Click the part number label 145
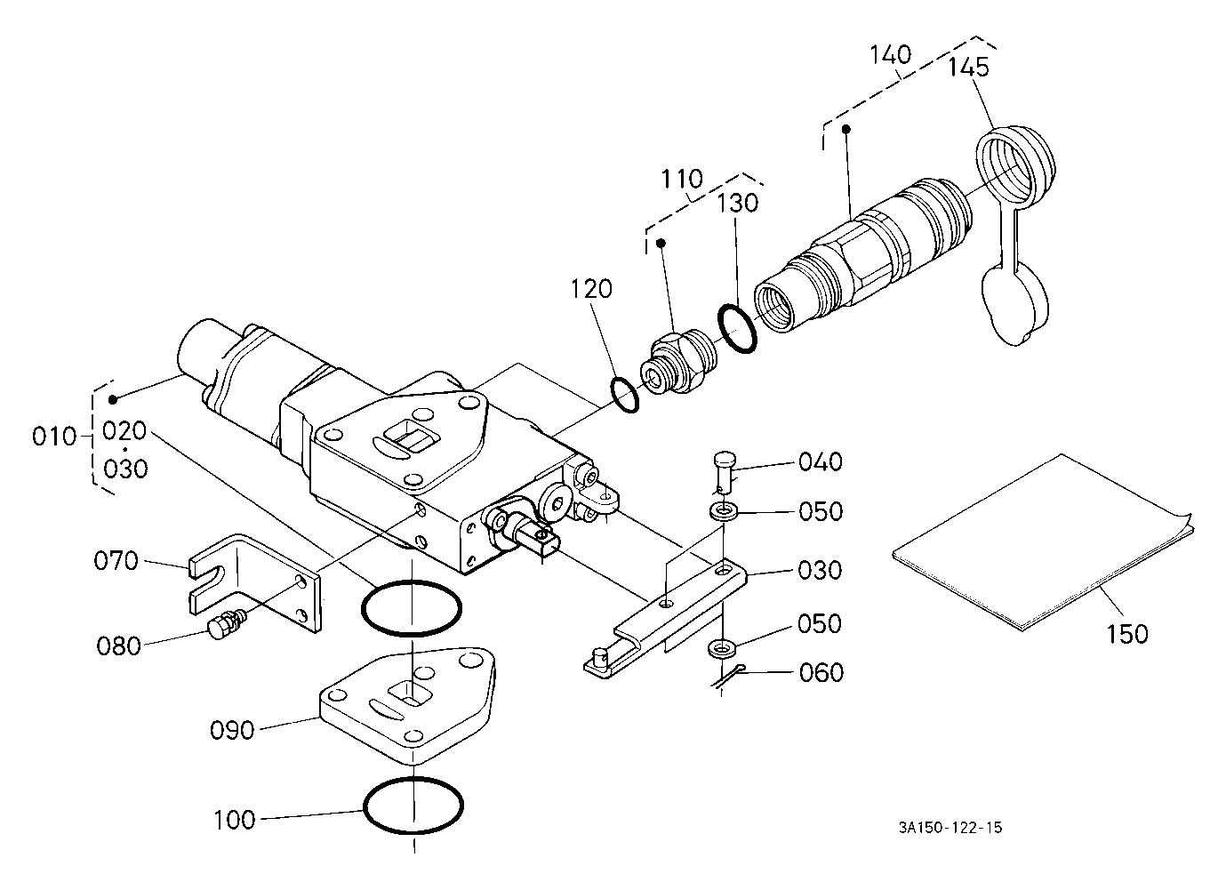tap(968, 68)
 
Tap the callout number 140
tap(891, 55)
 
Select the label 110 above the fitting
tap(682, 179)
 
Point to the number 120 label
tap(591, 288)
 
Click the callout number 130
tap(737, 203)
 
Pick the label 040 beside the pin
tap(821, 462)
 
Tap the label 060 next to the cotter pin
tap(821, 673)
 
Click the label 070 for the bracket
tap(116, 561)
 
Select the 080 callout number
tap(119, 646)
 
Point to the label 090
tap(232, 731)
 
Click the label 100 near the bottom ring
tap(234, 821)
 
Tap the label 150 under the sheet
tap(1127, 634)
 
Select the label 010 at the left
tap(54, 437)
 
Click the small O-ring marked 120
tap(624, 394)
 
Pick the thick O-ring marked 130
tap(738, 328)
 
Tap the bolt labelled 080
tap(228, 628)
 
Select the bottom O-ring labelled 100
tap(413, 806)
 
